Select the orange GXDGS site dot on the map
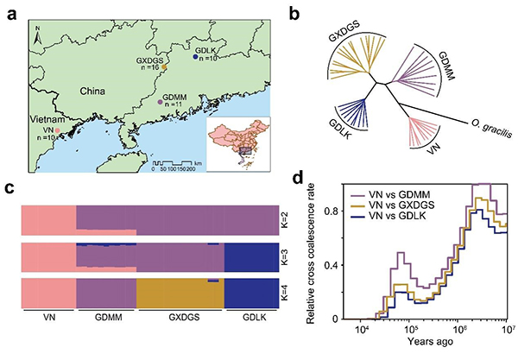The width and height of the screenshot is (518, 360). (x=166, y=62)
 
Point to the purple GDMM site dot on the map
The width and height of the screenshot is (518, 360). (x=160, y=102)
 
